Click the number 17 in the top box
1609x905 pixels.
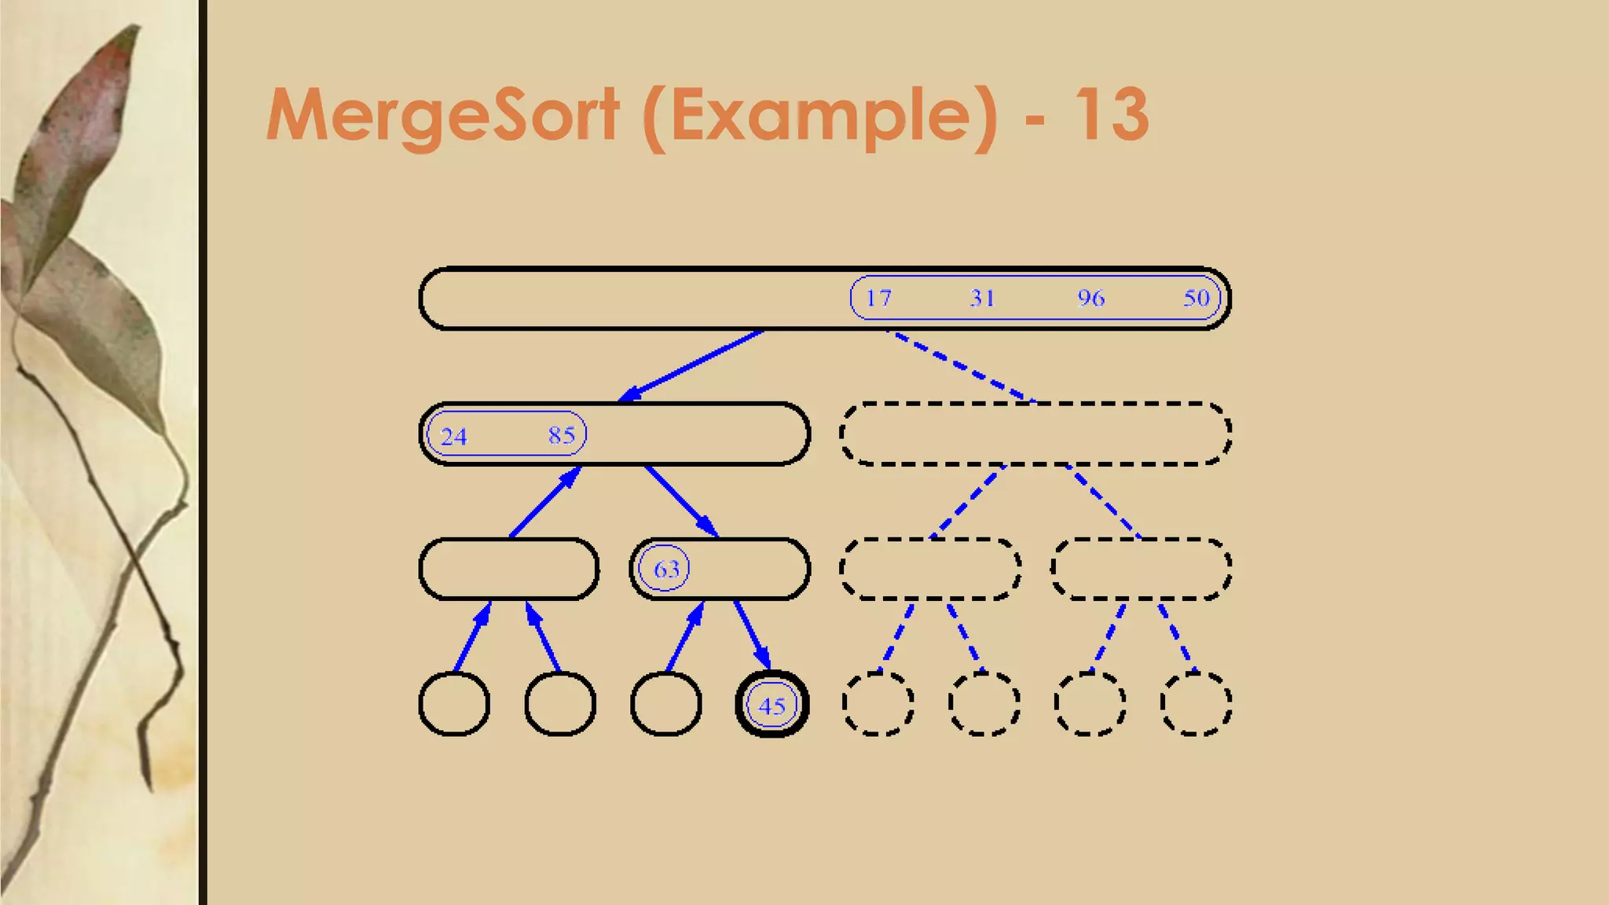click(878, 299)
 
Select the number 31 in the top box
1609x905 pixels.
click(982, 299)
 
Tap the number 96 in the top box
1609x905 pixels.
click(1090, 299)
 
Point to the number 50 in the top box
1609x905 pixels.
click(1196, 299)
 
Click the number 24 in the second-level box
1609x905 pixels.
click(454, 437)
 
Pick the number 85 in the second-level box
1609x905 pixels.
click(562, 435)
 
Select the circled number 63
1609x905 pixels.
click(666, 569)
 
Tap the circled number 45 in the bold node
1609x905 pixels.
click(772, 705)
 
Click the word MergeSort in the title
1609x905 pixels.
click(443, 115)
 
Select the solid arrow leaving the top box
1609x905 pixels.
click(691, 365)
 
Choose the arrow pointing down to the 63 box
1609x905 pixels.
click(681, 501)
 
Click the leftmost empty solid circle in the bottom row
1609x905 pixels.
click(454, 704)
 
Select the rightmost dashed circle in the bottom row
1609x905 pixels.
click(1195, 704)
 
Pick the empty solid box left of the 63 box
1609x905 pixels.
click(509, 569)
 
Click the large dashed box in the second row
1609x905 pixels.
click(1035, 434)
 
